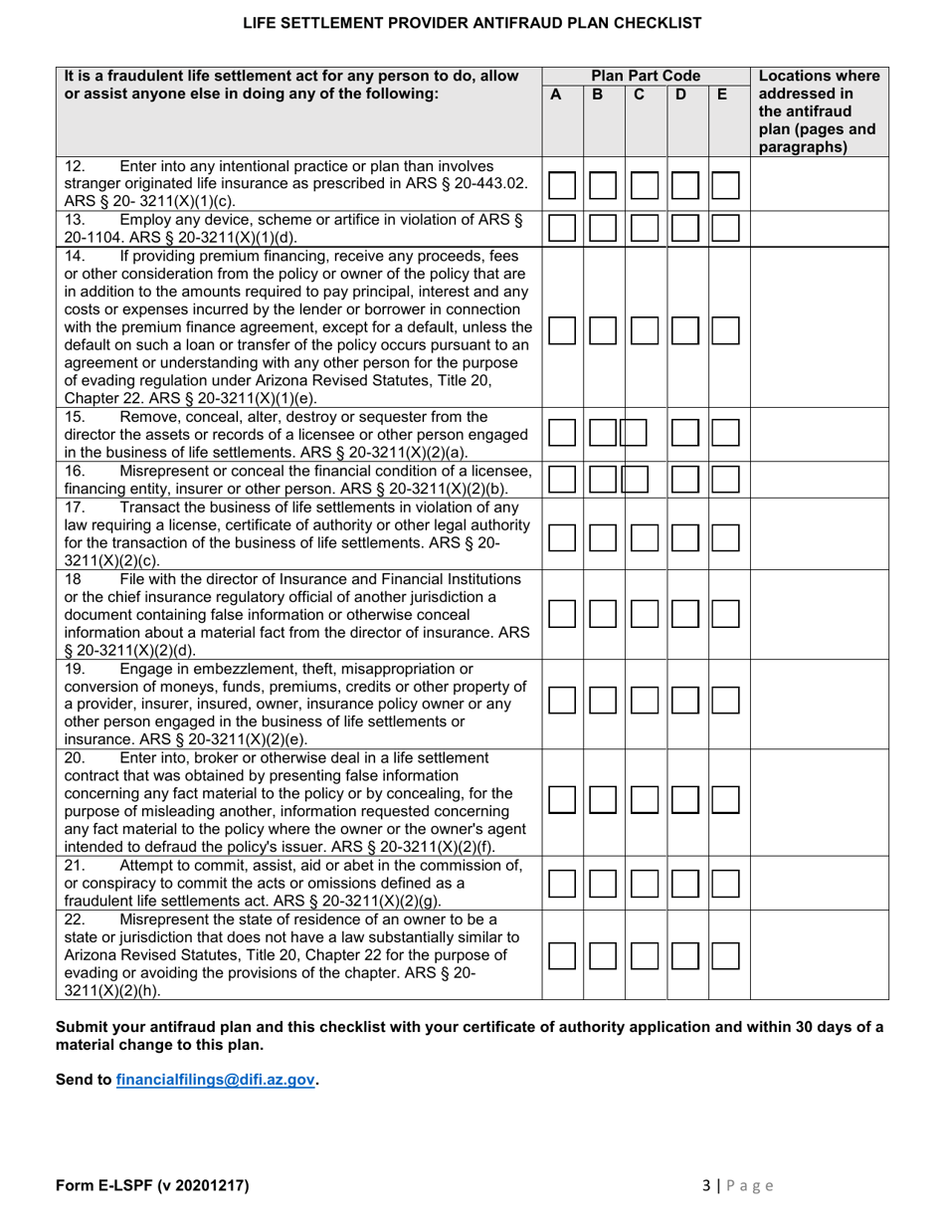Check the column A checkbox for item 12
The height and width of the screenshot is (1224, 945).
pos(562,185)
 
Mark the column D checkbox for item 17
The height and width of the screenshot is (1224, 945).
pos(684,538)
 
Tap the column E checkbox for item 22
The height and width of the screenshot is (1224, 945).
pos(725,957)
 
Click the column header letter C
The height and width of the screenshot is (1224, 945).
pos(639,96)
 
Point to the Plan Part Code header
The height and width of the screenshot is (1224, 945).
pos(646,76)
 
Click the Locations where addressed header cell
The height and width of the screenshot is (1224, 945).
pos(818,111)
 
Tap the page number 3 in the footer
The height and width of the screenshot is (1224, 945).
pos(706,1185)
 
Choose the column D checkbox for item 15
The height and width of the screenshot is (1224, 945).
pos(684,433)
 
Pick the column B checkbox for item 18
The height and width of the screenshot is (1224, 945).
pos(603,614)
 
